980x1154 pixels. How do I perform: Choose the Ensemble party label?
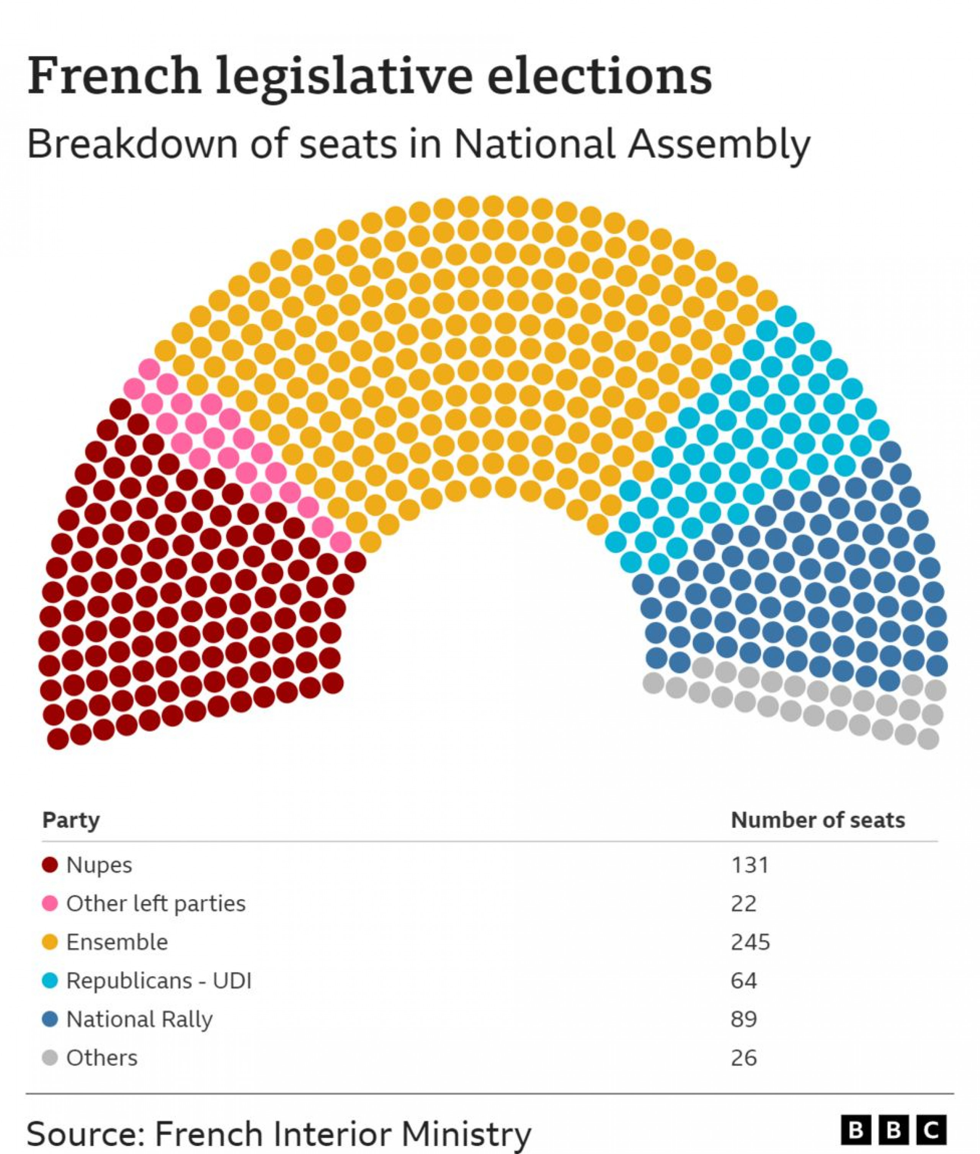tap(117, 942)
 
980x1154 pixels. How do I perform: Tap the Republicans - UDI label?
tap(159, 981)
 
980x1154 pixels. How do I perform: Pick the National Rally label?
tap(139, 1020)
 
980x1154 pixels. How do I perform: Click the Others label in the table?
tap(102, 1058)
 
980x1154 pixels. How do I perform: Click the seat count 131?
tap(750, 865)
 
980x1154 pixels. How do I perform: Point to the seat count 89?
tap(744, 1020)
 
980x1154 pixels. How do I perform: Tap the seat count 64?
tap(744, 981)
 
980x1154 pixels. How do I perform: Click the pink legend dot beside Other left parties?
tap(50, 903)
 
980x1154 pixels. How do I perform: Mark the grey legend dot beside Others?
tap(50, 1058)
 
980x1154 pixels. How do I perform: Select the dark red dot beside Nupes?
tap(50, 865)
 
